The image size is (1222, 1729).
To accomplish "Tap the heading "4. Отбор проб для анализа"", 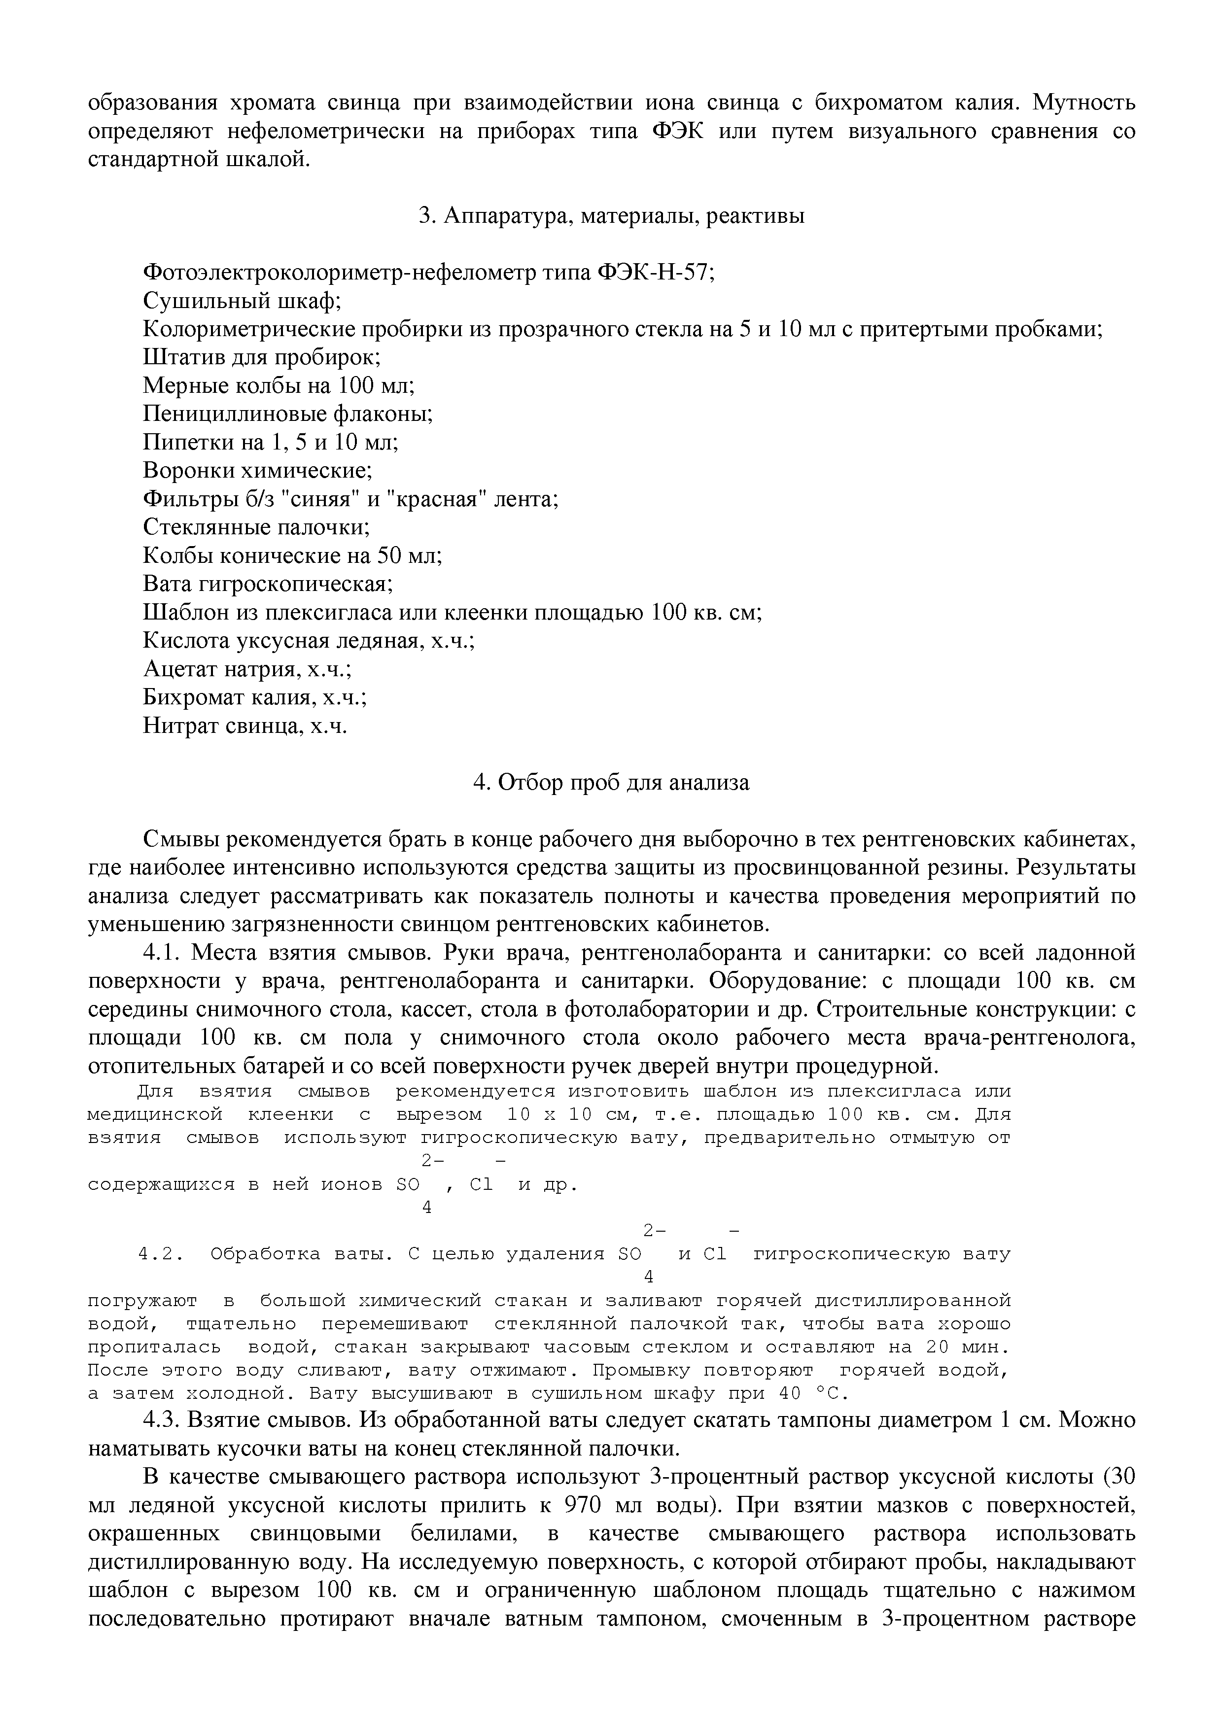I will pyautogui.click(x=611, y=783).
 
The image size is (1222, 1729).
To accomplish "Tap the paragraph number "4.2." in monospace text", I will pyautogui.click(x=162, y=1254).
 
